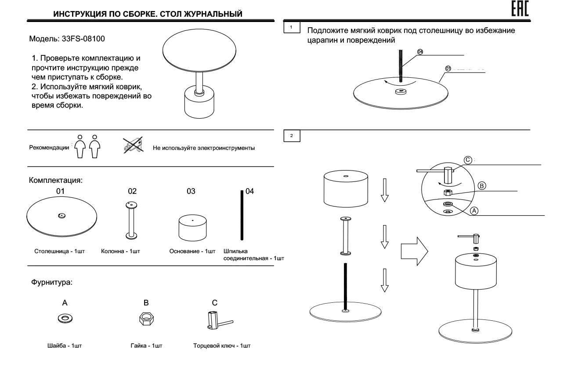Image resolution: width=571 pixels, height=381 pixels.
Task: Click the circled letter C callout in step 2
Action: [x=468, y=160]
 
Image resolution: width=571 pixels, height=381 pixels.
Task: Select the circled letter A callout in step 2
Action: [x=473, y=211]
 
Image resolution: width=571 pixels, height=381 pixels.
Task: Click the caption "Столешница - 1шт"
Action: [x=59, y=251]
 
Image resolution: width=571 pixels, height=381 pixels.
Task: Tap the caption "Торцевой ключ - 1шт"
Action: [x=222, y=345]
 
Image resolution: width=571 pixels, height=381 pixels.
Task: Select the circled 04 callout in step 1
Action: [x=419, y=52]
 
